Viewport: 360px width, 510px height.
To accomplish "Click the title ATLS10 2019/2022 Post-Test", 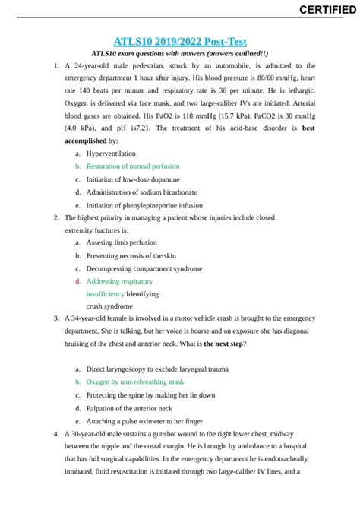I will (179, 41).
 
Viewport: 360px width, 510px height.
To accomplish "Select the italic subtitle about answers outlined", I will (179, 54).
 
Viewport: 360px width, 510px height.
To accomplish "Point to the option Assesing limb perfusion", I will (122, 242).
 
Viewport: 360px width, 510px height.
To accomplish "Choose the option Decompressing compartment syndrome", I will (144, 268).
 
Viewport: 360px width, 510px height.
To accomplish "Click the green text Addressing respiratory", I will (119, 281).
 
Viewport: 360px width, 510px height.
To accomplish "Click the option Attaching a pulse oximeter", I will (144, 421).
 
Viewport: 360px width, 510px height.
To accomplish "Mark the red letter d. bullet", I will (77, 281).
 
